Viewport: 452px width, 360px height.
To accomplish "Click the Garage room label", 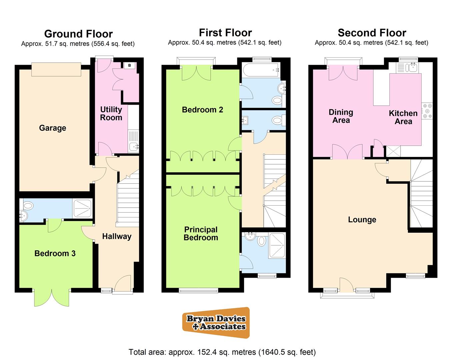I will pos(53,128).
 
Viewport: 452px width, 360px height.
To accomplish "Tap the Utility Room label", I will pos(111,113).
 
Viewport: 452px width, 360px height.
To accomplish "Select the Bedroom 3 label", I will pos(55,253).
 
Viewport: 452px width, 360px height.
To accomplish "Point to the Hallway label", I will pos(117,236).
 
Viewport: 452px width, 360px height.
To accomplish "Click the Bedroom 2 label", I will pos(202,110).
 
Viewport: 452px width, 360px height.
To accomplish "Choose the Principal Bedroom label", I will pos(201,233).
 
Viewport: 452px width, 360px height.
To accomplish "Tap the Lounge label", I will pos(362,220).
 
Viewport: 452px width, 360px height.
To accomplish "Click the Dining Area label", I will pos(341,116).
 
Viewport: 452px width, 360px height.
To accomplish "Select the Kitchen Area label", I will pos(403,117).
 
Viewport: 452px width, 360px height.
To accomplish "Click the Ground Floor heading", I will pos(78,34).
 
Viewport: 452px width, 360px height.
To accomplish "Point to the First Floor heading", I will pos(225,33).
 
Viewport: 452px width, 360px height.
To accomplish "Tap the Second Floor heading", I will pos(372,33).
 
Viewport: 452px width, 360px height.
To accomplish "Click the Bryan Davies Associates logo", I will pos(216,322).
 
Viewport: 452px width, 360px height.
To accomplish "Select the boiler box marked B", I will pos(130,65).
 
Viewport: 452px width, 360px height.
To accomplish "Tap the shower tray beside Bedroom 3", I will pos(82,209).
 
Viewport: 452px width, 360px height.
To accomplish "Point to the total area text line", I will pos(222,352).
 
